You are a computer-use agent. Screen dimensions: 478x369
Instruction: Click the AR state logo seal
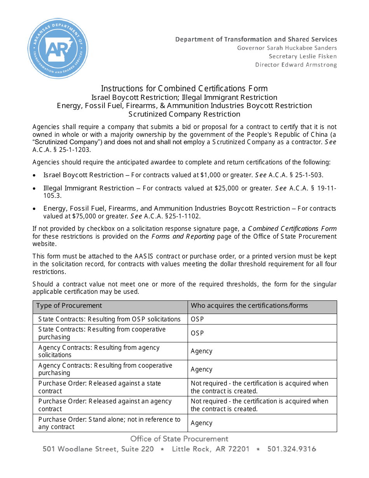[x=58, y=49]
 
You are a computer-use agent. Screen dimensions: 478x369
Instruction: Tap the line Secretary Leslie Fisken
[x=303, y=56]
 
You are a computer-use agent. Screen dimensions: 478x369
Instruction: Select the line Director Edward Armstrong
[x=296, y=65]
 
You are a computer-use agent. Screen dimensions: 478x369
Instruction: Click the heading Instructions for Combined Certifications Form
[x=184, y=89]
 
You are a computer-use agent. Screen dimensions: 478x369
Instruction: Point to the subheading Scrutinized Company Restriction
[x=184, y=114]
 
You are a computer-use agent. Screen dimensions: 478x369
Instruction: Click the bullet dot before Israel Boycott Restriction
[x=35, y=176]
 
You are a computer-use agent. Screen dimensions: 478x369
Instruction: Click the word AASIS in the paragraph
[x=144, y=256]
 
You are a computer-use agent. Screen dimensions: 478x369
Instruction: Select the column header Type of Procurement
[x=69, y=306]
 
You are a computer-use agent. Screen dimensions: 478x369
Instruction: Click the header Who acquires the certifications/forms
[x=249, y=306]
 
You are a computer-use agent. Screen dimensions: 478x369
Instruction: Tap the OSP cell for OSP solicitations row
[x=197, y=319]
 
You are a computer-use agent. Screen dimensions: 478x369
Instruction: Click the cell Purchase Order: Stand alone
[x=110, y=423]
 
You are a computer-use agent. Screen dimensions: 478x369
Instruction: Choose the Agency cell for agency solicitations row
[x=202, y=351]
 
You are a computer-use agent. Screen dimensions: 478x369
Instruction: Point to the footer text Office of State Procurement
[x=179, y=439]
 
